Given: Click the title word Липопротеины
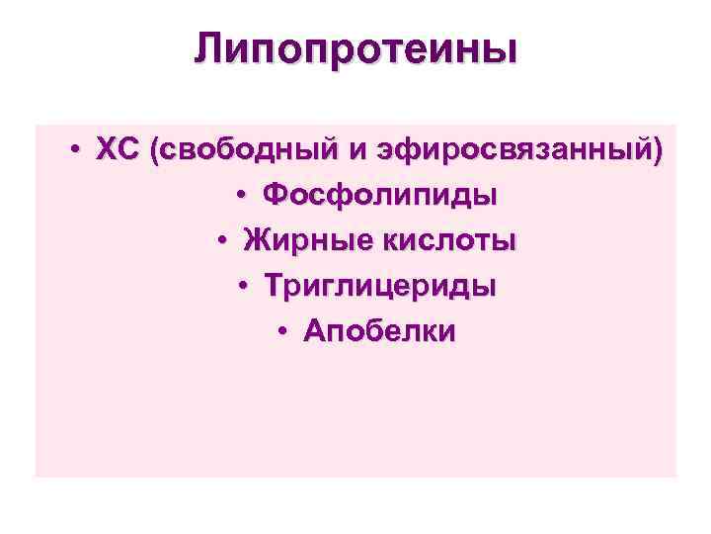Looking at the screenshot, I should (x=355, y=48).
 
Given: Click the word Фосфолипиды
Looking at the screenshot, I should (x=380, y=195).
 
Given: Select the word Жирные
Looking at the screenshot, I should (x=302, y=240).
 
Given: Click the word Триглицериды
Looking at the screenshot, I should (x=380, y=286).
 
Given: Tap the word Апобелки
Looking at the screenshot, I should (x=380, y=331).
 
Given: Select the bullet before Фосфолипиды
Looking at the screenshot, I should (x=243, y=196).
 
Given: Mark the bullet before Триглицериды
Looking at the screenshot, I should (x=243, y=287).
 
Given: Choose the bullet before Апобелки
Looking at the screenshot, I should (x=283, y=332).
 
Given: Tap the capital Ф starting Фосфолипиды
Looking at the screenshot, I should (x=276, y=195).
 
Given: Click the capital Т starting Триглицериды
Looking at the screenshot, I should (x=273, y=286).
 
